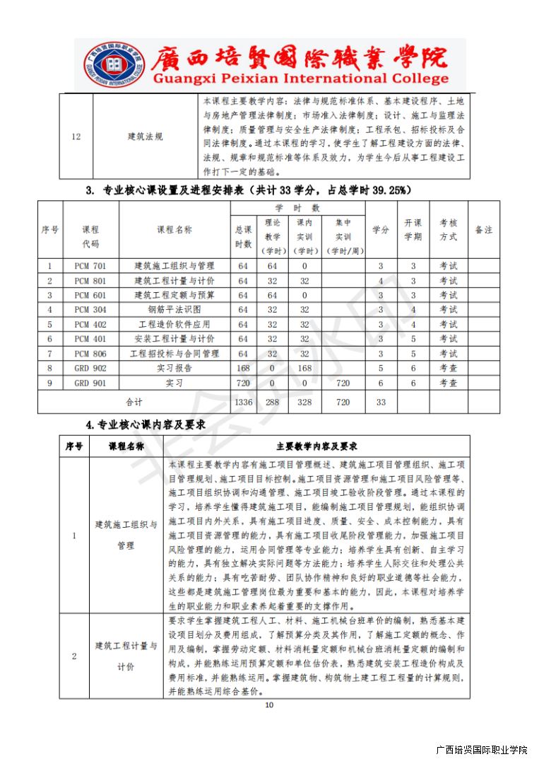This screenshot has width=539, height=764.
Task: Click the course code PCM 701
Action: pos(90,266)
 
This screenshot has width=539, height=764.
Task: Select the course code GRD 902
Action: pos(90,368)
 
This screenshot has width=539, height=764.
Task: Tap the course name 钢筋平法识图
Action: pos(174,310)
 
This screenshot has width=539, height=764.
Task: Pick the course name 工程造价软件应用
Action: pos(174,325)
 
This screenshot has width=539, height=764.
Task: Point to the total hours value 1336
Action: pos(242,402)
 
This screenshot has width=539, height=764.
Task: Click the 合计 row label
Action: pos(134,402)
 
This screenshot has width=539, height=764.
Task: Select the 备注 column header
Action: pos(484,230)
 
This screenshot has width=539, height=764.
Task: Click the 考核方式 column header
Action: pos(449,230)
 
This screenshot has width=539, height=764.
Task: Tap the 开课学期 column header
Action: pos(413,230)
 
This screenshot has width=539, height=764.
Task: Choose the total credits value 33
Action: pos(381,402)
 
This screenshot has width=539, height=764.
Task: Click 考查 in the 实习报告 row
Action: pos(449,368)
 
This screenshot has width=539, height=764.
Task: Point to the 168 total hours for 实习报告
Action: pos(242,368)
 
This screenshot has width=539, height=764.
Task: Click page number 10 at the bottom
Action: pos(268,705)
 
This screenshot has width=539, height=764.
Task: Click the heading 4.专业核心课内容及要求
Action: pos(145,424)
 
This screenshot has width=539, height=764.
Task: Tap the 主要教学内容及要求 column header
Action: pos(316,446)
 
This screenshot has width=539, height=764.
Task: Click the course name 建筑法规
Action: pos(145,136)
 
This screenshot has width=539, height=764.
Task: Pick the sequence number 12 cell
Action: pos(76,136)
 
